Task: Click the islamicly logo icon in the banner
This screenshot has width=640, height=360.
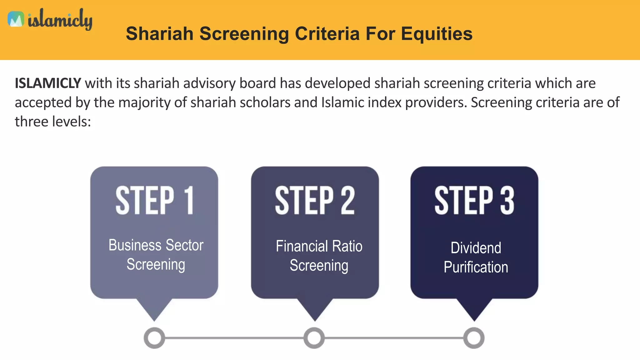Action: (x=16, y=19)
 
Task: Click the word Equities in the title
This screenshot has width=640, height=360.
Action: (x=437, y=34)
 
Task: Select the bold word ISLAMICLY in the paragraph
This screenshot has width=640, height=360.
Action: (x=48, y=83)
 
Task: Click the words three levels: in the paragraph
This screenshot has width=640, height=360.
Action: (x=53, y=122)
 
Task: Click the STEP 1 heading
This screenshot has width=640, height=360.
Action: (x=154, y=200)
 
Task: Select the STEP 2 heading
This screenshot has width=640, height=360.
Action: (x=315, y=200)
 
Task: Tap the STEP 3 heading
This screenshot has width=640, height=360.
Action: (x=474, y=200)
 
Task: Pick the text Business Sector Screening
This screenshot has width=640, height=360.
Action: (x=156, y=255)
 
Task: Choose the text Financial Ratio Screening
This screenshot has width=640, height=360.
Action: (x=319, y=256)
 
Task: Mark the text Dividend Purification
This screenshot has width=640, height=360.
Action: (x=476, y=257)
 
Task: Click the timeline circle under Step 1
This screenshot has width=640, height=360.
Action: (x=154, y=338)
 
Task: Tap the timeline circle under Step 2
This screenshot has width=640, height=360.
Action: (x=314, y=338)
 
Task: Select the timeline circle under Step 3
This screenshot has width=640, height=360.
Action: (x=474, y=338)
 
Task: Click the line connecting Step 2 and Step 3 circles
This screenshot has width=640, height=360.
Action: (x=394, y=338)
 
